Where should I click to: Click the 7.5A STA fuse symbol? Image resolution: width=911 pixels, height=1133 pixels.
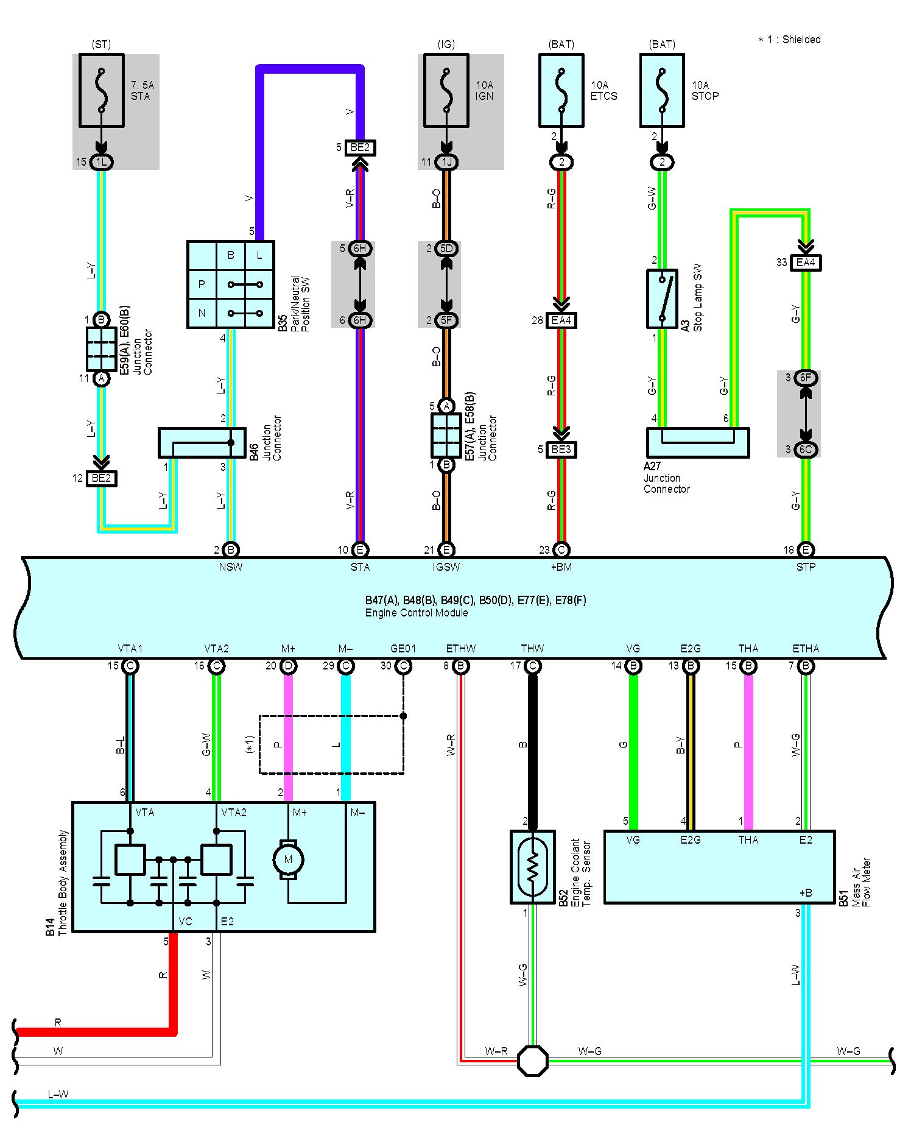point(102,91)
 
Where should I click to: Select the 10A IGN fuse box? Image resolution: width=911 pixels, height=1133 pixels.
point(446,91)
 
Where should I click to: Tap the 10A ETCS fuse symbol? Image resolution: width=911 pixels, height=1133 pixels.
point(561,91)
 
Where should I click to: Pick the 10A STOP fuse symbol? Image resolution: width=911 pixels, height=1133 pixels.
point(663,91)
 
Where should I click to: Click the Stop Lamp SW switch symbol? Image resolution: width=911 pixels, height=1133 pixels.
point(663,298)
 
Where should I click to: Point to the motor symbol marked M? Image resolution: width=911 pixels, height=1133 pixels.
point(288,859)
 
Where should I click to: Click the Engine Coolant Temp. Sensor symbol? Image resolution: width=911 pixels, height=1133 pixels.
point(533,867)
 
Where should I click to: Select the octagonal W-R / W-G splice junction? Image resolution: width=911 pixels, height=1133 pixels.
point(533,1061)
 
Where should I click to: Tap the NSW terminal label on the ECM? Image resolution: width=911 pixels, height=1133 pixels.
point(231,567)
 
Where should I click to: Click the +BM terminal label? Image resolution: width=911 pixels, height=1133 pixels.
point(561,567)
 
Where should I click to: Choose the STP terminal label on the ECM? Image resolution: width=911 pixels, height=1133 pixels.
point(806,567)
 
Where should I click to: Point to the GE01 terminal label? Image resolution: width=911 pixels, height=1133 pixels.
point(403,648)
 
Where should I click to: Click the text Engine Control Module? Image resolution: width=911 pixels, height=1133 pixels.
point(417,613)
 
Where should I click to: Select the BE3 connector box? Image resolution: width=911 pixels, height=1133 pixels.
point(561,450)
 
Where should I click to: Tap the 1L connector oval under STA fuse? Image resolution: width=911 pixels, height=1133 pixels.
point(102,162)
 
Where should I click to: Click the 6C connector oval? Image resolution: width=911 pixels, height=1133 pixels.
point(806,450)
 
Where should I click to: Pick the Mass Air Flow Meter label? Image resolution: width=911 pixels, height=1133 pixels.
point(862,882)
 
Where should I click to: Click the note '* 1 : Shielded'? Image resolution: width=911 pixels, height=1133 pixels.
point(789,40)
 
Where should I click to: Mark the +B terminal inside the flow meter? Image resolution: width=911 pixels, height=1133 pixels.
point(805,893)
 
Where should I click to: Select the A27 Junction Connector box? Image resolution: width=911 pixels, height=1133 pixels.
point(698,443)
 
